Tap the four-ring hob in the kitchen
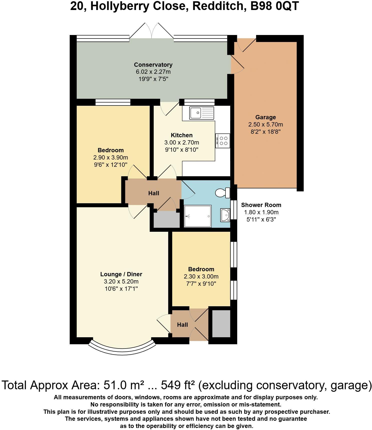[223, 141]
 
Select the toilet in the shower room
[223, 193]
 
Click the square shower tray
[197, 216]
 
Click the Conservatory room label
[153, 65]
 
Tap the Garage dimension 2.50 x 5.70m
[265, 124]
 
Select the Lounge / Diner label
[121, 274]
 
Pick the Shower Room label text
[261, 205]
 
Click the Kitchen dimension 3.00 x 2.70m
[181, 142]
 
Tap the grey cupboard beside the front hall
[221, 324]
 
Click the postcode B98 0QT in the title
[275, 6]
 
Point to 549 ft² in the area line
[178, 385]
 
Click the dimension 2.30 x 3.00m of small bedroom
[201, 276]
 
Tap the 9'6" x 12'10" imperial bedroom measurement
[110, 165]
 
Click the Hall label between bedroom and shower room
[153, 193]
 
